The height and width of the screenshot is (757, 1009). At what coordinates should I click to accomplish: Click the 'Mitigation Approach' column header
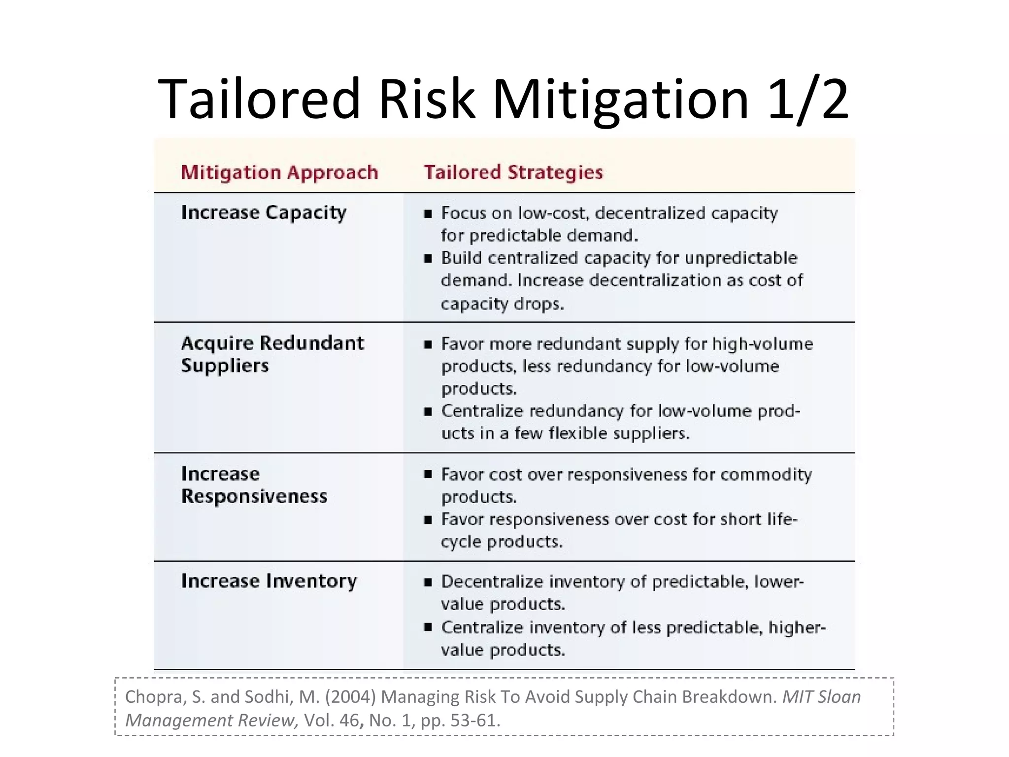[279, 172]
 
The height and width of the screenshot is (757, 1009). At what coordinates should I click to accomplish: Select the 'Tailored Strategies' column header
[513, 172]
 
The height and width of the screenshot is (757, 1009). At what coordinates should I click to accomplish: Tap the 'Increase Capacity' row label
[264, 213]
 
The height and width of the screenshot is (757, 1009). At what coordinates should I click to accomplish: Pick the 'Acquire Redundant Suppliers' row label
[272, 354]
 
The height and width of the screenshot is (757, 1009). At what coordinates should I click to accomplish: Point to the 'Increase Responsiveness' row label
[254, 484]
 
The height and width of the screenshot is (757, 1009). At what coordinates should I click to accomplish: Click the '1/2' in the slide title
[808, 100]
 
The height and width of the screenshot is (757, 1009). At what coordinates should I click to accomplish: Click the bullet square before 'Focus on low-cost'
[428, 214]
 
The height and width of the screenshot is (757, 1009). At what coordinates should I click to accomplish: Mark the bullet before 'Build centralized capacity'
[428, 258]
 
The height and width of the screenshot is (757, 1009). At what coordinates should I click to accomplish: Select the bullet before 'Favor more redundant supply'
[428, 344]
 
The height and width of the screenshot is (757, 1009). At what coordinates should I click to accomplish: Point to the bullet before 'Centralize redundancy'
[428, 411]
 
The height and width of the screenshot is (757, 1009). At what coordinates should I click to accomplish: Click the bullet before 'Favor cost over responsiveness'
[428, 475]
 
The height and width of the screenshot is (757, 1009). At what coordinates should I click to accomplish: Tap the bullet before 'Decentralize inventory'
[428, 582]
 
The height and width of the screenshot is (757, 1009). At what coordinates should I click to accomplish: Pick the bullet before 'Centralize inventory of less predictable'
[428, 627]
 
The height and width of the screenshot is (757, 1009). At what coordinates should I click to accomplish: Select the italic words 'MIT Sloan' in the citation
[821, 697]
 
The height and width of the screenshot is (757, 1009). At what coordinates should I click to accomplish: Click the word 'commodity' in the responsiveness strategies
[766, 475]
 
